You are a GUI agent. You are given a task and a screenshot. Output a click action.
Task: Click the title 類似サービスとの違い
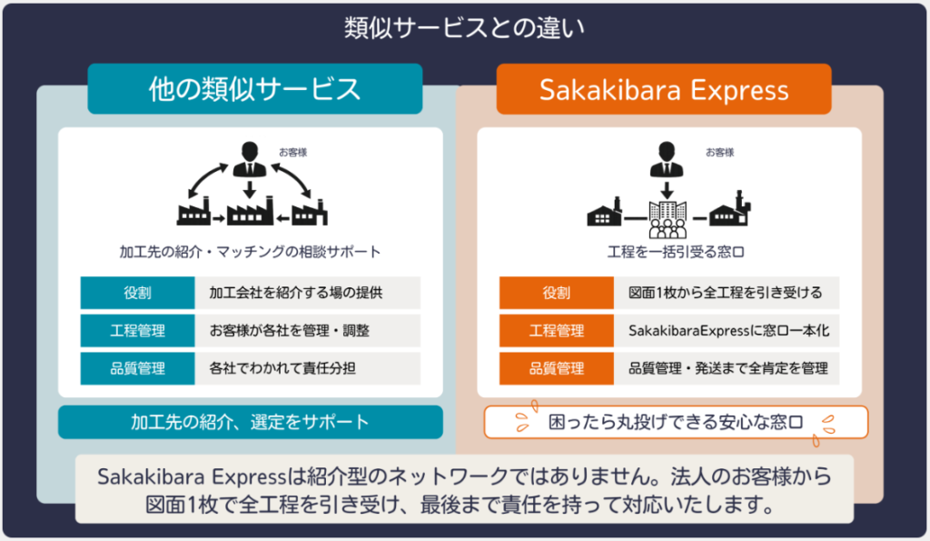(464, 28)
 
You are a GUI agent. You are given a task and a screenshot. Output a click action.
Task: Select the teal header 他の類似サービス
(254, 89)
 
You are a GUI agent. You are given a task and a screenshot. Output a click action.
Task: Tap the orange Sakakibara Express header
(663, 89)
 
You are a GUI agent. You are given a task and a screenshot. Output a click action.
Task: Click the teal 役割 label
(138, 293)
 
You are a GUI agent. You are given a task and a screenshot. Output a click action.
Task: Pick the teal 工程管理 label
(138, 330)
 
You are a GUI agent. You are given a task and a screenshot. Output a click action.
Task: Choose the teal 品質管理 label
(138, 368)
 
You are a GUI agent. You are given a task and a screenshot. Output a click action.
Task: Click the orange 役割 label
(557, 293)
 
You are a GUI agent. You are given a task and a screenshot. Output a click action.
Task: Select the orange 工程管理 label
(557, 330)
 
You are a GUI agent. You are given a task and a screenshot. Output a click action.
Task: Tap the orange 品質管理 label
(557, 368)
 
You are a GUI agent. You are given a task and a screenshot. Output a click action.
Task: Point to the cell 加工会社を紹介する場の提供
(308, 293)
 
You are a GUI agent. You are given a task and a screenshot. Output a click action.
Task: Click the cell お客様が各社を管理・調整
(308, 330)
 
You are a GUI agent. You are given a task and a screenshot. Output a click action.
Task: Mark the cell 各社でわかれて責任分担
(308, 368)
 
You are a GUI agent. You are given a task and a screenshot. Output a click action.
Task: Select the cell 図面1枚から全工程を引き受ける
(727, 293)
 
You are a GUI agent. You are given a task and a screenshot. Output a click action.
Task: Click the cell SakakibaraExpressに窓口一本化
(727, 330)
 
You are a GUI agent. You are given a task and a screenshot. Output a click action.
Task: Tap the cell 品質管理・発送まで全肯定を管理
(727, 368)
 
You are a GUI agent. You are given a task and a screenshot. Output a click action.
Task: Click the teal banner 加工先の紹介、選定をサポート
(250, 422)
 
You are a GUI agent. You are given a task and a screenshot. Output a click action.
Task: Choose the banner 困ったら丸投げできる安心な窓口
(676, 423)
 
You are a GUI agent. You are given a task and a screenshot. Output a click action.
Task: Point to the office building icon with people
(667, 215)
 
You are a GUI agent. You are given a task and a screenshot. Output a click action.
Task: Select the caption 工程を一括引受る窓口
(668, 251)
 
